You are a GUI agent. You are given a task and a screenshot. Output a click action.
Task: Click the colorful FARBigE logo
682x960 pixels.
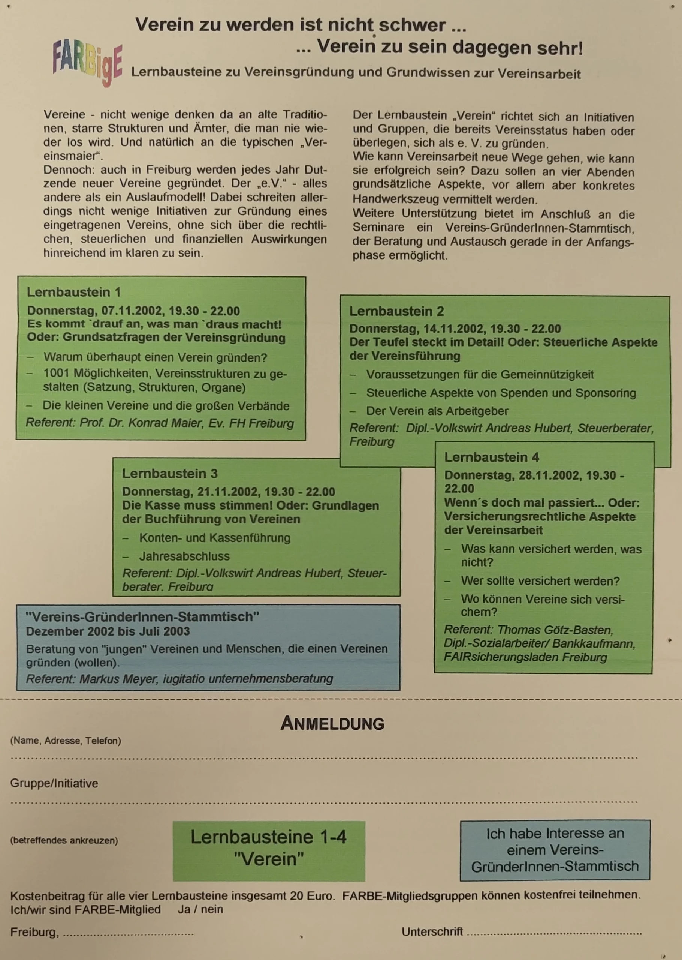point(87,64)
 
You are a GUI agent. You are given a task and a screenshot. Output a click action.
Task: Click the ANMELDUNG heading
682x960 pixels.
point(332,723)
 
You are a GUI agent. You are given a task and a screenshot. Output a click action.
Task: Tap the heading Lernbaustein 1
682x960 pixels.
point(74,292)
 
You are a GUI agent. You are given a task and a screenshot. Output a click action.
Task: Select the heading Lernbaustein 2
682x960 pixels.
point(396,311)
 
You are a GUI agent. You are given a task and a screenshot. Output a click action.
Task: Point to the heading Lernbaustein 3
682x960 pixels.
point(170,474)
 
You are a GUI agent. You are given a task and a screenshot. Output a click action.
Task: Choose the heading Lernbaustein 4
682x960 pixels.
point(491,457)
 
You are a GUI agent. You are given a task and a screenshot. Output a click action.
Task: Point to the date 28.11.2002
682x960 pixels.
point(549,475)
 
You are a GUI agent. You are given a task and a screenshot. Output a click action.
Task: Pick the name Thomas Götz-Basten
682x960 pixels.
point(555,630)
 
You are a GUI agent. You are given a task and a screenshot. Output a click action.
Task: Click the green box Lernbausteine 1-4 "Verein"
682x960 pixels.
point(269,848)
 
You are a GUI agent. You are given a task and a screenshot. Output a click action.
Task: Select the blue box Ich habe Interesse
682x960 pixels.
point(555,850)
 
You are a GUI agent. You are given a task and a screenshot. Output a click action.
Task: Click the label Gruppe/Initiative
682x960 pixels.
point(54,783)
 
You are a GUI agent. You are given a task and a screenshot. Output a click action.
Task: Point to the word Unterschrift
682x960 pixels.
point(432,932)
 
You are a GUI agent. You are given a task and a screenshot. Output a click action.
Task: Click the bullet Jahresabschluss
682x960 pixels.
point(184,556)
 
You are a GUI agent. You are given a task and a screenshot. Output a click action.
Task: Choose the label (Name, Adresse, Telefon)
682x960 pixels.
point(66,741)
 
